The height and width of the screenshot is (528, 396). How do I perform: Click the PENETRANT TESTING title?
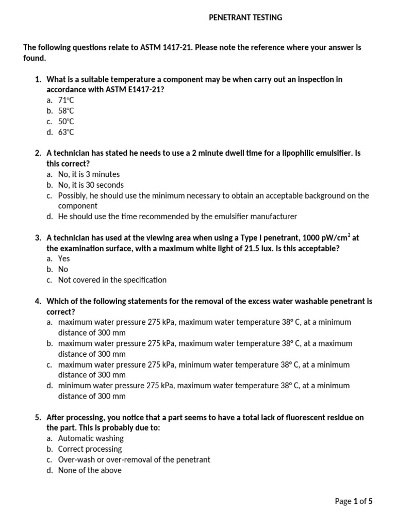click(245, 18)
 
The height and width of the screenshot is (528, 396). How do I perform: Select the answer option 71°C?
click(66, 101)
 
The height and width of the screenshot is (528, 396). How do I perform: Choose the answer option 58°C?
click(66, 111)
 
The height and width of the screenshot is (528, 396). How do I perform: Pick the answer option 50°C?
click(66, 122)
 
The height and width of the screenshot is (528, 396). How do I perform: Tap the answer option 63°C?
click(66, 132)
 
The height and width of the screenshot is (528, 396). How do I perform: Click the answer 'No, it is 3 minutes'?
click(89, 174)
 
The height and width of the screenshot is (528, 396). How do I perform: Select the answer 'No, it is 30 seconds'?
click(91, 185)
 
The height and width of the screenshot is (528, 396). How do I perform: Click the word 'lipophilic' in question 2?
click(294, 153)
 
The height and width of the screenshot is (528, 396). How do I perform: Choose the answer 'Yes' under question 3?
click(64, 258)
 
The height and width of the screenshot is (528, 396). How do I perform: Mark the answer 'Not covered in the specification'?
click(112, 279)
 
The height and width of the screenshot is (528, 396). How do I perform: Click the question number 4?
click(38, 301)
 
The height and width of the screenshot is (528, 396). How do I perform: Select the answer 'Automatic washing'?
click(91, 438)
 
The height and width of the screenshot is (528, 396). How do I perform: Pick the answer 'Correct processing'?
click(90, 449)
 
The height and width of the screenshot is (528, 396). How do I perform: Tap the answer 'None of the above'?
click(90, 470)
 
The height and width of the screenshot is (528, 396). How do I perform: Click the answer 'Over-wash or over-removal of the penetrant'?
click(134, 459)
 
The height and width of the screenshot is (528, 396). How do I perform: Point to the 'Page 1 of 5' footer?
click(353, 501)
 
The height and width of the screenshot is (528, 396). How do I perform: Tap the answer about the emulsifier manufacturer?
click(177, 217)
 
